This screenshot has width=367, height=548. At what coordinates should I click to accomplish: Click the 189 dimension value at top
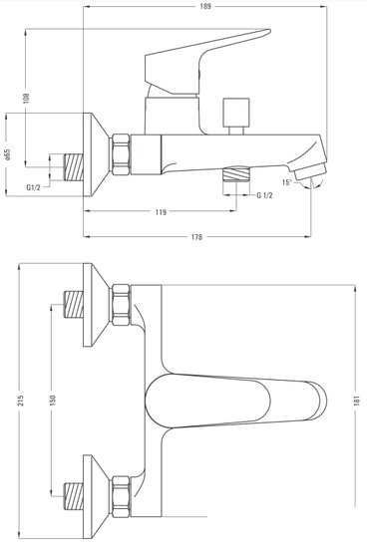click(x=205, y=6)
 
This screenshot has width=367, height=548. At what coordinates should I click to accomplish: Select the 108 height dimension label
click(x=26, y=99)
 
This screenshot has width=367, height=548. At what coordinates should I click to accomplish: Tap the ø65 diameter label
click(x=8, y=154)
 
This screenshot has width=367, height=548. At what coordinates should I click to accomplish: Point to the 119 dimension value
click(x=161, y=212)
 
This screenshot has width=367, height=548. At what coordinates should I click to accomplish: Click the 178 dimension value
click(x=197, y=237)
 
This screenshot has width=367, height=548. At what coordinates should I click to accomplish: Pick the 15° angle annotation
click(x=287, y=181)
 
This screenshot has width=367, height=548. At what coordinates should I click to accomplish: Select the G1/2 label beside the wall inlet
click(x=34, y=187)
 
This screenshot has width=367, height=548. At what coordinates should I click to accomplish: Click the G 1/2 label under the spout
click(x=264, y=195)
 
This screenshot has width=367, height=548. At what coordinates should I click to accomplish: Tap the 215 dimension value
click(x=21, y=401)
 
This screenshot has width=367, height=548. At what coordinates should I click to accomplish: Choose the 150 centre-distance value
click(x=52, y=401)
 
